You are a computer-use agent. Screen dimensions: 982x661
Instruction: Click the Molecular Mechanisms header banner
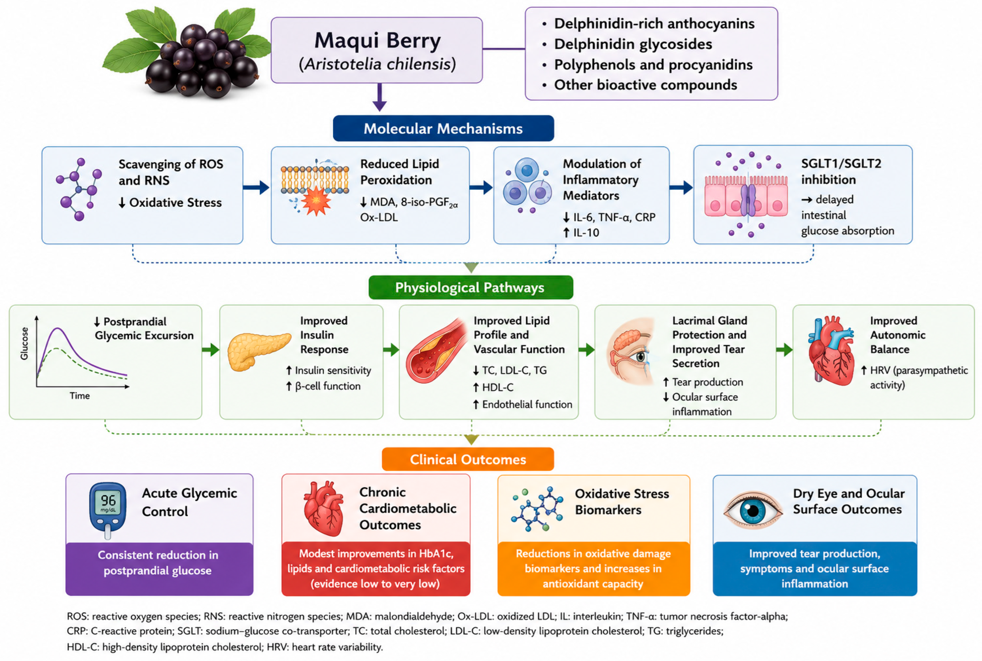pyautogui.click(x=443, y=128)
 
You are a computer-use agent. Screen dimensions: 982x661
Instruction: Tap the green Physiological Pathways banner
pyautogui.click(x=471, y=288)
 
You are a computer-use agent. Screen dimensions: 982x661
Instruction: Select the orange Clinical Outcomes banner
pyautogui.click(x=468, y=459)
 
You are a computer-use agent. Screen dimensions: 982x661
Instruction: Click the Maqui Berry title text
pyautogui.click(x=378, y=41)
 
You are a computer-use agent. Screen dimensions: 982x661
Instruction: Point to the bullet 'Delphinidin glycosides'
pyautogui.click(x=633, y=44)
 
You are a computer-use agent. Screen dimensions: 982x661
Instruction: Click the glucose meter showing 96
pyautogui.click(x=108, y=510)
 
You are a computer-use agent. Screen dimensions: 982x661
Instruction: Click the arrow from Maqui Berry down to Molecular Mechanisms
pyautogui.click(x=380, y=97)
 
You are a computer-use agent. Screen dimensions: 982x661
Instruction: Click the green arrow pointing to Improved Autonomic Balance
pyautogui.click(x=784, y=349)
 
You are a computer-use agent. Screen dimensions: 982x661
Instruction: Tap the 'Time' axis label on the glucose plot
pyautogui.click(x=80, y=396)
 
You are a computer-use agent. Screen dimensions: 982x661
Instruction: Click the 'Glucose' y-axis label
pyautogui.click(x=24, y=344)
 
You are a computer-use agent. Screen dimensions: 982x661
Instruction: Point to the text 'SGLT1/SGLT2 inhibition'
pyautogui.click(x=841, y=171)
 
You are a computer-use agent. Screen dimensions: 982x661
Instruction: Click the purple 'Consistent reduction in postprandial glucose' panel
pyautogui.click(x=159, y=569)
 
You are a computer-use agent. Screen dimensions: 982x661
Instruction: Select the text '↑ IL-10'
pyautogui.click(x=581, y=232)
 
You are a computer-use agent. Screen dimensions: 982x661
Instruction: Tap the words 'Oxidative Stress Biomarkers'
pyautogui.click(x=622, y=502)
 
